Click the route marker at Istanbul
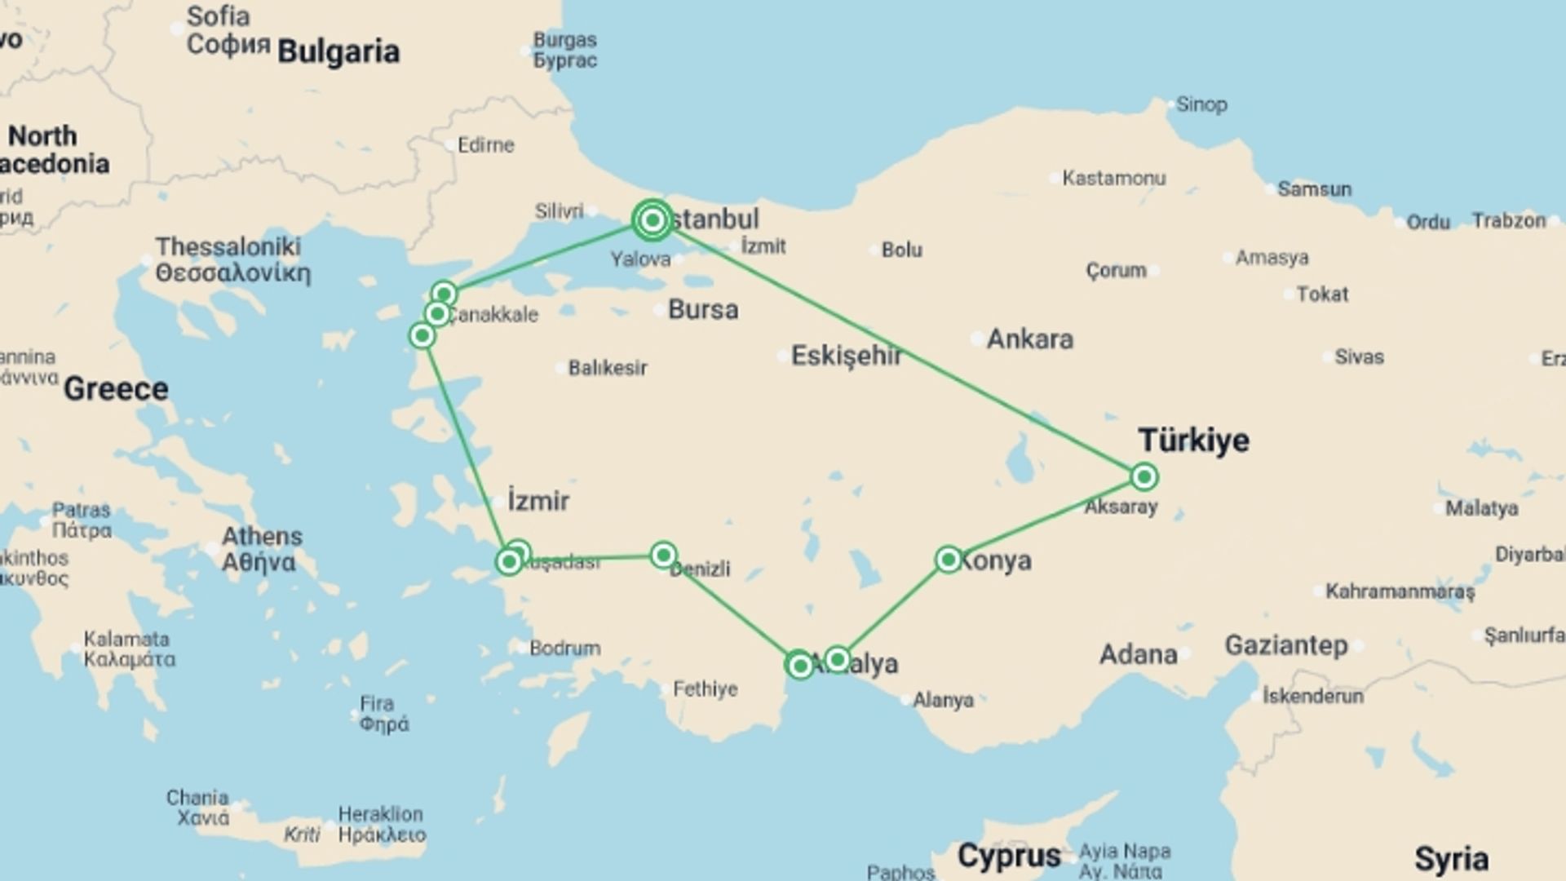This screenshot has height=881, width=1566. click(x=652, y=220)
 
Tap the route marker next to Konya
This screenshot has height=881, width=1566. click(x=949, y=560)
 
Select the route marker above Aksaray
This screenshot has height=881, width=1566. click(x=1144, y=476)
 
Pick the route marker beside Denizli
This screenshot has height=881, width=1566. click(x=664, y=556)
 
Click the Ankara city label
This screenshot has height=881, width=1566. click(x=1030, y=339)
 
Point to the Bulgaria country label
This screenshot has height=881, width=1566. click(x=338, y=52)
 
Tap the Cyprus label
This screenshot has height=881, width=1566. click(x=1009, y=857)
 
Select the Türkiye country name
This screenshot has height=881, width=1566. click(x=1194, y=440)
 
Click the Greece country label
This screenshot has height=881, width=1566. click(x=116, y=389)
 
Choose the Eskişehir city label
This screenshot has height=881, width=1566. click(x=847, y=356)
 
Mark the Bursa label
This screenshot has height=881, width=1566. click(x=703, y=310)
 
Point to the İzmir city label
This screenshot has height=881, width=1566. click(x=538, y=501)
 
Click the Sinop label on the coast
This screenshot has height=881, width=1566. click(x=1201, y=104)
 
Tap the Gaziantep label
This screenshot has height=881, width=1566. click(x=1286, y=646)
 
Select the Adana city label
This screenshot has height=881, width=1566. click(x=1139, y=654)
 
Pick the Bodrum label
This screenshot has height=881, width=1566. click(x=565, y=649)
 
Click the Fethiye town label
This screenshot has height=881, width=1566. click(x=706, y=689)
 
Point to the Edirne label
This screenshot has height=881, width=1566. click(x=486, y=145)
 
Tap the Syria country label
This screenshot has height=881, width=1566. click(x=1451, y=859)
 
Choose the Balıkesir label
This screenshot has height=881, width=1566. click(x=608, y=368)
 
